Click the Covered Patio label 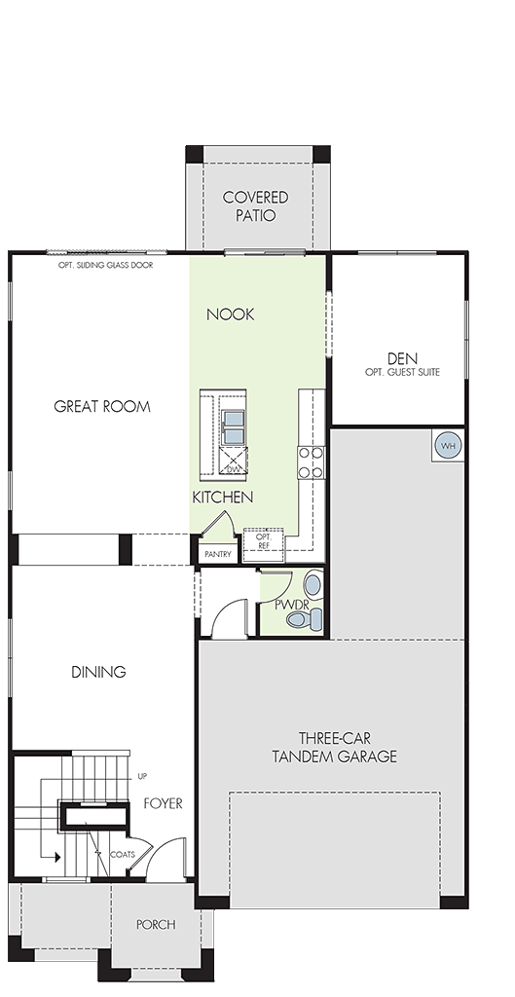pyautogui.click(x=256, y=206)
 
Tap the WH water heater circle pyautogui.click(x=448, y=445)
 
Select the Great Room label pyautogui.click(x=102, y=406)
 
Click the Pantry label pyautogui.click(x=217, y=554)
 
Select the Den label pyautogui.click(x=402, y=358)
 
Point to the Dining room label pyautogui.click(x=98, y=672)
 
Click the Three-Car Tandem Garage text pyautogui.click(x=335, y=747)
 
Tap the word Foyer pyautogui.click(x=163, y=803)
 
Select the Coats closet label pyautogui.click(x=122, y=855)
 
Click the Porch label pyautogui.click(x=156, y=925)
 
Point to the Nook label pyautogui.click(x=230, y=314)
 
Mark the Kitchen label pyautogui.click(x=223, y=498)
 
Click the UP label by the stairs pyautogui.click(x=142, y=777)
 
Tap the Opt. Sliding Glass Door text pyautogui.click(x=105, y=265)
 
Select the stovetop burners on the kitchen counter pyautogui.click(x=312, y=462)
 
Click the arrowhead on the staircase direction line pyautogui.click(x=57, y=857)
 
